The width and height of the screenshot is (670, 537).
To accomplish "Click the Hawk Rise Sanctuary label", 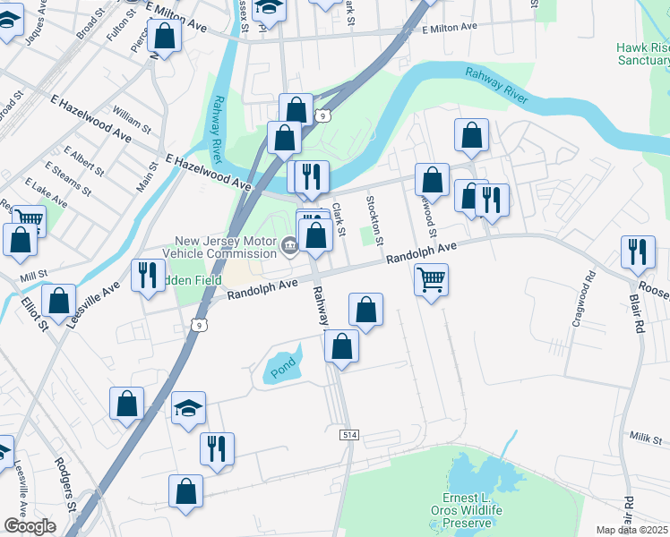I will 642,55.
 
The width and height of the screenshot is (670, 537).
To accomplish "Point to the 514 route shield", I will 349,434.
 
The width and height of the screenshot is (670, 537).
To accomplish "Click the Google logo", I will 29,526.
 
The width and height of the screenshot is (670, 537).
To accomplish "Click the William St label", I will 133,118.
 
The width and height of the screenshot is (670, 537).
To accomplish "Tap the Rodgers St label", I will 66,484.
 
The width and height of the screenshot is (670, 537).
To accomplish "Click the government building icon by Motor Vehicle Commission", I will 289,245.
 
